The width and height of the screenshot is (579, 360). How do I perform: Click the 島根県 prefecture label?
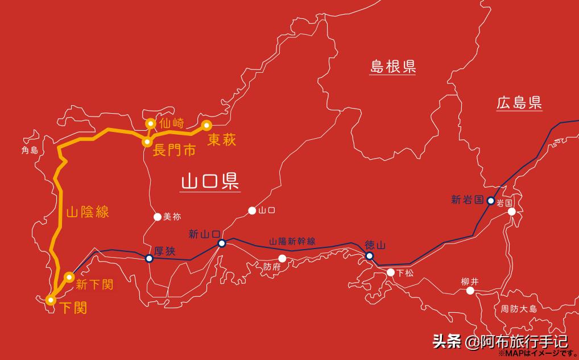(x=392, y=66)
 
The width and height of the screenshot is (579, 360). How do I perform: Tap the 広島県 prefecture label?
(x=519, y=103)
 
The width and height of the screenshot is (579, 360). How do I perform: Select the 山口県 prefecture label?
(x=209, y=182)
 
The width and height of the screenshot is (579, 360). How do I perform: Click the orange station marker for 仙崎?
(x=151, y=123)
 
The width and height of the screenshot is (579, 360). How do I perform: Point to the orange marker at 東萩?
(x=206, y=125)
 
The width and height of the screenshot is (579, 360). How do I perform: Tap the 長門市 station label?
(x=174, y=152)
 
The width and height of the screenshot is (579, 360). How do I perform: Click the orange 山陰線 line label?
(x=87, y=213)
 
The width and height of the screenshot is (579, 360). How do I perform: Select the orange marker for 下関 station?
(x=51, y=299)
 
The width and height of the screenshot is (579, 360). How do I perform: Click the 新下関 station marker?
(x=69, y=277)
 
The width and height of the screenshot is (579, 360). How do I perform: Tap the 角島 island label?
(x=29, y=150)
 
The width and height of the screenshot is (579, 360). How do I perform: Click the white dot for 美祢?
(x=157, y=216)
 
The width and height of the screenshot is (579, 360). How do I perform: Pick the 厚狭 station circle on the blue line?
(x=149, y=258)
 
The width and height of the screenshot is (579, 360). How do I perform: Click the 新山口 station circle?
(x=222, y=243)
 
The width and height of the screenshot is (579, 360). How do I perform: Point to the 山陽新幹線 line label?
(x=292, y=241)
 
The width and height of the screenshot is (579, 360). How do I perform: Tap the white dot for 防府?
(x=282, y=259)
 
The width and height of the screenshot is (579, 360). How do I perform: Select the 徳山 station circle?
(x=369, y=256)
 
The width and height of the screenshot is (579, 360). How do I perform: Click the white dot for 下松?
(x=391, y=272)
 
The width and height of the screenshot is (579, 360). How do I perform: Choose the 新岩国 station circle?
(x=491, y=200)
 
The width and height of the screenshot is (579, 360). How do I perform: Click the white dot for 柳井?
(x=470, y=291)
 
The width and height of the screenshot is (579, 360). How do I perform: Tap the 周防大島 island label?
(x=519, y=309)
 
